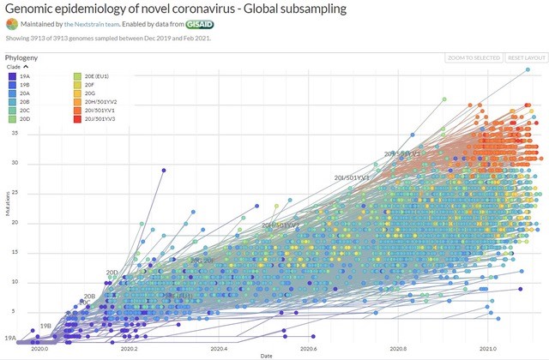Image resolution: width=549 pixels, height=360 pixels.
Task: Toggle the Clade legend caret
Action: [27, 66]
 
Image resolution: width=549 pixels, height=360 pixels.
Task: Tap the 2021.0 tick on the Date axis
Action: [487, 349]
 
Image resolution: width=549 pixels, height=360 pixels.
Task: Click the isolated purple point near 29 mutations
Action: [163, 170]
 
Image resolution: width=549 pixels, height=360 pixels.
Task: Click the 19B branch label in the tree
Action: [47, 327]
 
